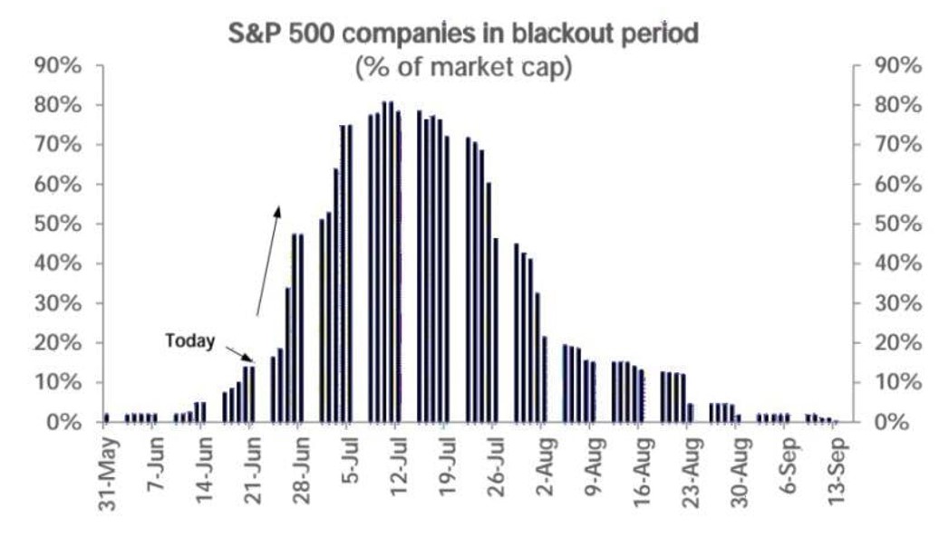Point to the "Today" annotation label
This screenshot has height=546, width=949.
[x=190, y=341]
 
